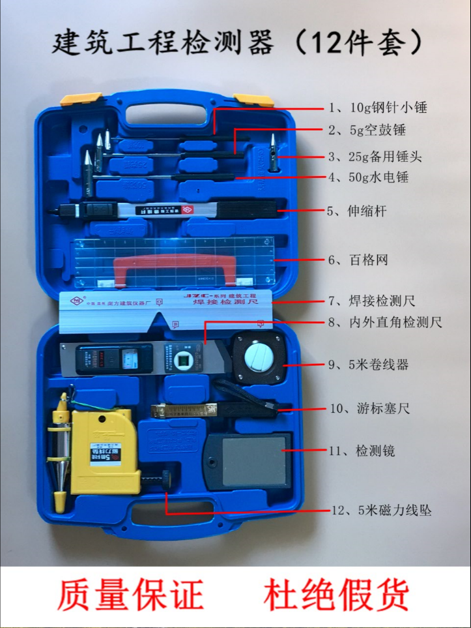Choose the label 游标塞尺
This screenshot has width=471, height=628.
(369, 409)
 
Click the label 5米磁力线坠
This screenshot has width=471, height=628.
(381, 511)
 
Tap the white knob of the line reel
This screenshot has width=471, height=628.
(259, 355)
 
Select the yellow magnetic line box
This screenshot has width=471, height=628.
(104, 450)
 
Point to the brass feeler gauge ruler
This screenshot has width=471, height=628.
(183, 410)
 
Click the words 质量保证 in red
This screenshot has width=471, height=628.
(130, 594)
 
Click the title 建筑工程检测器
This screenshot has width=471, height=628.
(163, 42)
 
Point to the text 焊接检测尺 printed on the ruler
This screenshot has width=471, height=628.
(227, 303)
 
